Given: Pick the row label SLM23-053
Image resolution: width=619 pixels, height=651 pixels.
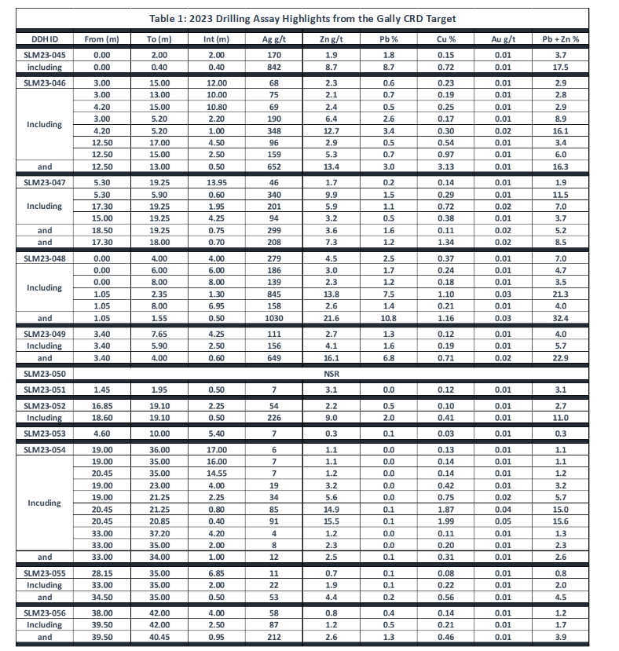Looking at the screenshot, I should click(x=44, y=433).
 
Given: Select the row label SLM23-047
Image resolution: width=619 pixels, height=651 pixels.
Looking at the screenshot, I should click(x=44, y=181).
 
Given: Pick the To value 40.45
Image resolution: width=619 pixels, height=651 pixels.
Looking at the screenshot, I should click(x=159, y=637).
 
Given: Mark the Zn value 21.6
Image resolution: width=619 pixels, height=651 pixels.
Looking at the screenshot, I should click(x=331, y=318).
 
